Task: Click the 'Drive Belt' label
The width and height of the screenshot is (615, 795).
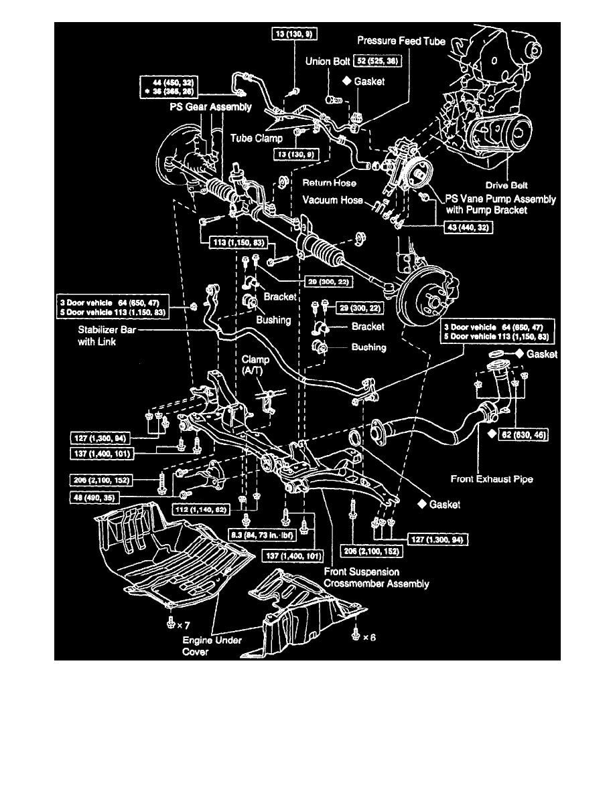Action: (x=510, y=183)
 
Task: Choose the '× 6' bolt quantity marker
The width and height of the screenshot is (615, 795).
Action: (x=362, y=637)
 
